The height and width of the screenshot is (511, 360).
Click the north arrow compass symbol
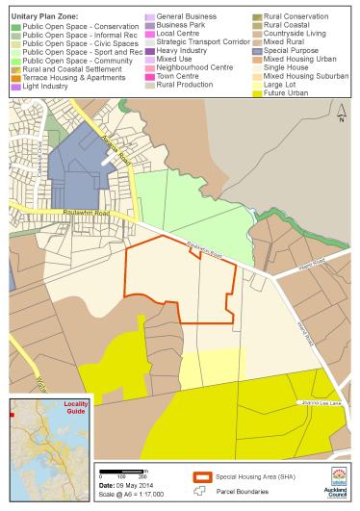tap(340, 117)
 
